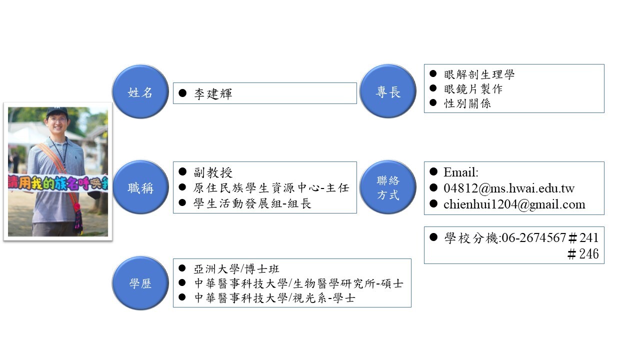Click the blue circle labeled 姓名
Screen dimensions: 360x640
pos(140,92)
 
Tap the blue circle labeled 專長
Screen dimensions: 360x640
pos(388,91)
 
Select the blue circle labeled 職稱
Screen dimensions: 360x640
pos(140,188)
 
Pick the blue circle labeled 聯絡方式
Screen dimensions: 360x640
pos(388,188)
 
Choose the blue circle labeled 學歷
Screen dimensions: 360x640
pos(140,283)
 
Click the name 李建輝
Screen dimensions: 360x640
pos(213,93)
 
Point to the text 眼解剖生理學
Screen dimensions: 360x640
pos(479,74)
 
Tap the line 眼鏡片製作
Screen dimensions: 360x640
pos(473,89)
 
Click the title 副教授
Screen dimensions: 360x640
pos(213,172)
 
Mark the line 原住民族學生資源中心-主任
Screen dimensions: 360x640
pos(271,188)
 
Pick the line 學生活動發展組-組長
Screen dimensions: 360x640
pos(252,203)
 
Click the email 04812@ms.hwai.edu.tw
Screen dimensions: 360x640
pos(508,188)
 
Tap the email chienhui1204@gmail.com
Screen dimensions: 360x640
pos(514,204)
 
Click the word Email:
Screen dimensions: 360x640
pos(460,172)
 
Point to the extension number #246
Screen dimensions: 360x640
pos(583,253)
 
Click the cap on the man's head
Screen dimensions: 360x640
pos(56,111)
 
